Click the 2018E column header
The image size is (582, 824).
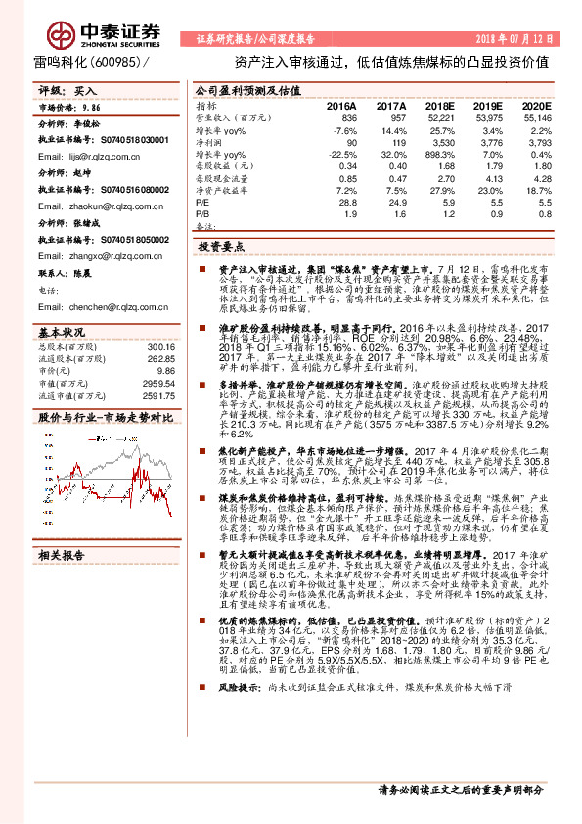[x=439, y=105]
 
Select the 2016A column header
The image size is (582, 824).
[x=341, y=105]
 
